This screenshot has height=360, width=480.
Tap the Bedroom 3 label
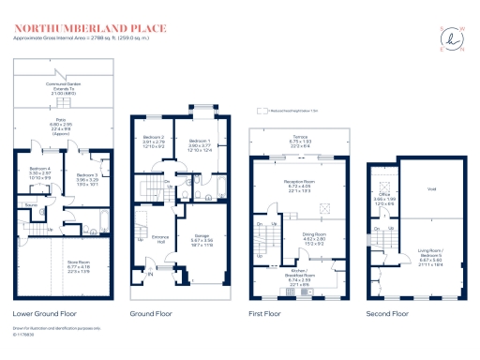(86, 174)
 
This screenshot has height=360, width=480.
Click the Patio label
(59, 122)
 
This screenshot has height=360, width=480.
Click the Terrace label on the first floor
(301, 137)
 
